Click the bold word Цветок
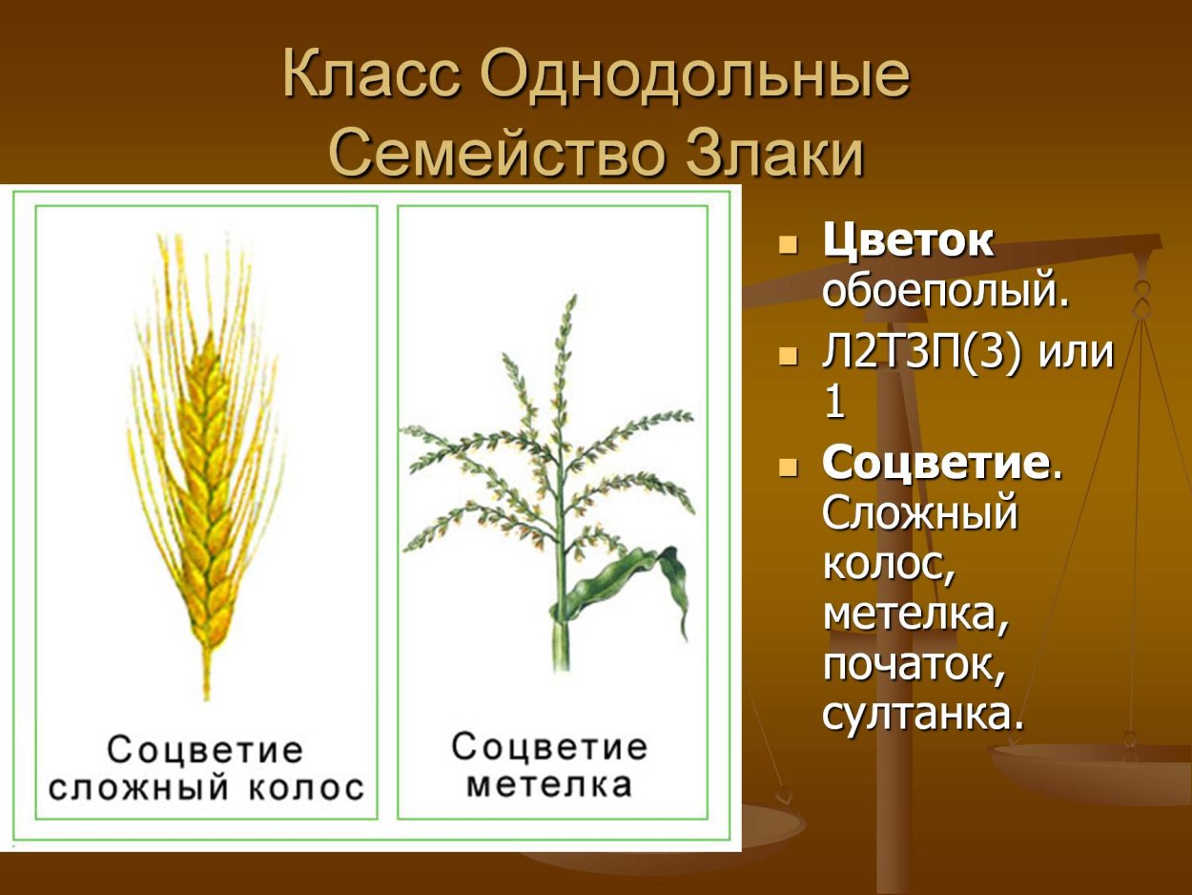[908, 241]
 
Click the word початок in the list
[914, 664]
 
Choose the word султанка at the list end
[922, 714]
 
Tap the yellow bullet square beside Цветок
[787, 244]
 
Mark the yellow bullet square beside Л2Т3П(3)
[787, 356]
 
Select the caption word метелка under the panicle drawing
[550, 784]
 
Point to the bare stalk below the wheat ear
[206, 673]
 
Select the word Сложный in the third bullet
[920, 514]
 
